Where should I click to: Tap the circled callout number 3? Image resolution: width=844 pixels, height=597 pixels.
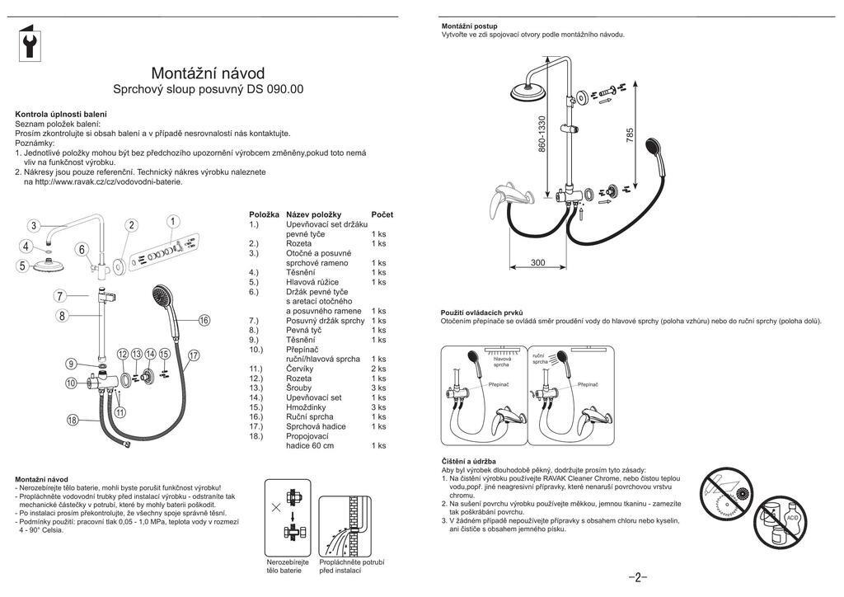click(x=33, y=226)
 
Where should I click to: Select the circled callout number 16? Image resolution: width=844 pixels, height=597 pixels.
click(x=204, y=320)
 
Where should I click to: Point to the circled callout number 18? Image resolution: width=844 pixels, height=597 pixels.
click(x=73, y=421)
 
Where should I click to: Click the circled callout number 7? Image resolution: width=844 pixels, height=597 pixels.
click(x=60, y=296)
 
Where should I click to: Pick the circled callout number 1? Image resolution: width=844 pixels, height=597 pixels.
click(x=173, y=221)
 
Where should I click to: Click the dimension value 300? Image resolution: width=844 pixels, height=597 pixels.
click(x=537, y=263)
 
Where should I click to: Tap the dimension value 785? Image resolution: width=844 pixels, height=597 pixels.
click(x=630, y=135)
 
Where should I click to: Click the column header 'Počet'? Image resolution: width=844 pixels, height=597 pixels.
click(x=382, y=214)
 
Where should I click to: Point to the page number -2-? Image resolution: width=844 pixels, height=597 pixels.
click(x=638, y=576)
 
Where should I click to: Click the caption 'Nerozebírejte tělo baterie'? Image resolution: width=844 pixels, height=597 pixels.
click(x=288, y=566)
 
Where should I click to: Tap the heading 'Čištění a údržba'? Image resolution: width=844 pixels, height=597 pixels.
click(x=468, y=461)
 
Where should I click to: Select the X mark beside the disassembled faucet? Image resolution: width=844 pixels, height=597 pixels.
click(x=275, y=508)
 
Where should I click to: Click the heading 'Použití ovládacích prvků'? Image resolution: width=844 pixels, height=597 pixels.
click(x=483, y=312)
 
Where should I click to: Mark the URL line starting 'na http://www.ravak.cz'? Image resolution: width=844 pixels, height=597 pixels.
click(x=103, y=181)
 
